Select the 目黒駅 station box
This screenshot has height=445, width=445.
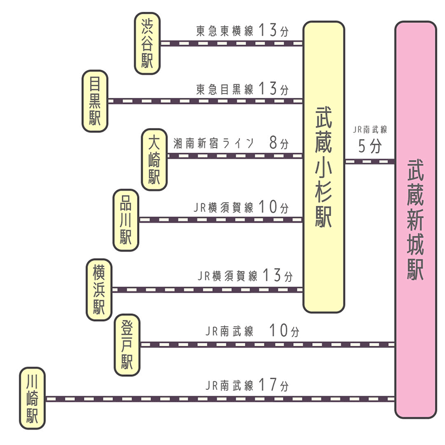pos(95,101)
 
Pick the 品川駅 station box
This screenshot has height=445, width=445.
pos(126,220)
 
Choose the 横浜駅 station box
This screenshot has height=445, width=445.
pos(99,290)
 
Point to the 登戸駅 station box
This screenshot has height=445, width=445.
pos(127,345)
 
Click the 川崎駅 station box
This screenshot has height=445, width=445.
pos(32,398)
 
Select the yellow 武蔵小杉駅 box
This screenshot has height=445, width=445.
pos(324,167)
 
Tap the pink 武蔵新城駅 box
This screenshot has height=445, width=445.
pos(415,220)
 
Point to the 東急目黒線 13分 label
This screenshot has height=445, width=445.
pos(242,90)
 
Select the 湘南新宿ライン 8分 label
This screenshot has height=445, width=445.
pos(231,143)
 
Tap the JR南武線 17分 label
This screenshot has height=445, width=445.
pos(247,385)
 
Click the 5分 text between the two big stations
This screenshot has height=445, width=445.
pos(370,147)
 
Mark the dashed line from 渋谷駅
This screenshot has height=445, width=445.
pos(231,43)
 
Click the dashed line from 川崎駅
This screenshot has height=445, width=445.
pos(220,399)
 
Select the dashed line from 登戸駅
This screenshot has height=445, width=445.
pos(267,344)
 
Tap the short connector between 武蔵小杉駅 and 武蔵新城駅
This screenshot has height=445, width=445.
pos(370,161)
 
